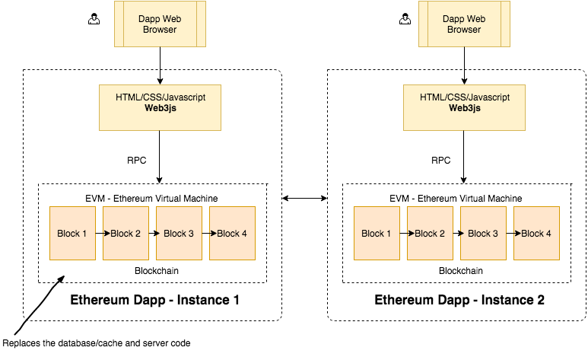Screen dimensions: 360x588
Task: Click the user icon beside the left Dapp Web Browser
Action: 94,19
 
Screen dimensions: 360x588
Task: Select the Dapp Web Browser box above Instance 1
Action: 160,24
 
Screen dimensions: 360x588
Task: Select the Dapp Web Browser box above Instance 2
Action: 464,24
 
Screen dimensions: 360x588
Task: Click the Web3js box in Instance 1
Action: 160,107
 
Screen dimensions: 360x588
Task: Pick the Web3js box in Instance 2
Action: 464,107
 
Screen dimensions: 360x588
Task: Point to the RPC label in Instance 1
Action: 137,161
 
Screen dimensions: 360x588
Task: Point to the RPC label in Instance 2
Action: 441,161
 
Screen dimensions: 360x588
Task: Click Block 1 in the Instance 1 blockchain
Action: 72,233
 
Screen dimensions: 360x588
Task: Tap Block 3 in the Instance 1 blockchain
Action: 179,233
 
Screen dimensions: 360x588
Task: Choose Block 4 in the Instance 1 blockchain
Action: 232,233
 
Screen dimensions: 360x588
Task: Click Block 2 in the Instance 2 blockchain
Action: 430,233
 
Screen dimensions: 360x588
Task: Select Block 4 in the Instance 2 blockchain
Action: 536,233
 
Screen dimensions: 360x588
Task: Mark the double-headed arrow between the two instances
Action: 304,199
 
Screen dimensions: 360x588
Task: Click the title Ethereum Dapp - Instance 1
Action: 155,300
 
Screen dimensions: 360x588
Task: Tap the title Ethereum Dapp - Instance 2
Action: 459,300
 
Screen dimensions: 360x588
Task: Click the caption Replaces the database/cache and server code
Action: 97,343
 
